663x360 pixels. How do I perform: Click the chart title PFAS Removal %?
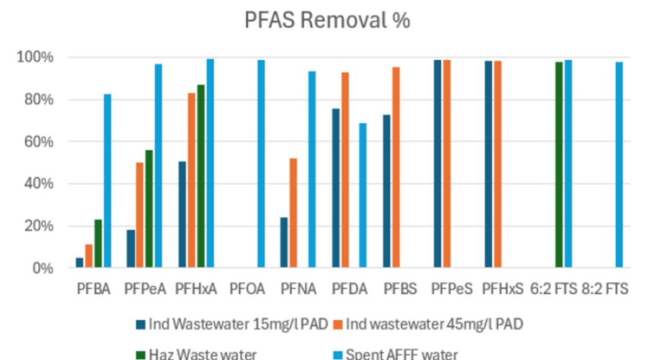pos(327,20)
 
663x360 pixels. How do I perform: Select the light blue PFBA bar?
pos(107,181)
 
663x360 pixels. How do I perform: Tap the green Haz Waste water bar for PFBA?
pos(98,243)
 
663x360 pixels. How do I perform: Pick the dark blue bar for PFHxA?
pos(182,214)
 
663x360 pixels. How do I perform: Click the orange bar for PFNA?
pos(293,213)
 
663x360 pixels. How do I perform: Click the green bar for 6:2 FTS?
pos(559,164)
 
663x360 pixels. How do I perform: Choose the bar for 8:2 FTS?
pos(619,164)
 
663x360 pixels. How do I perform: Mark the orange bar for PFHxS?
pos(498,164)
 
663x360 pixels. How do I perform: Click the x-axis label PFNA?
pos(298,289)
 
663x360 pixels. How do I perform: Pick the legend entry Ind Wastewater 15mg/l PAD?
pos(238,324)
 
